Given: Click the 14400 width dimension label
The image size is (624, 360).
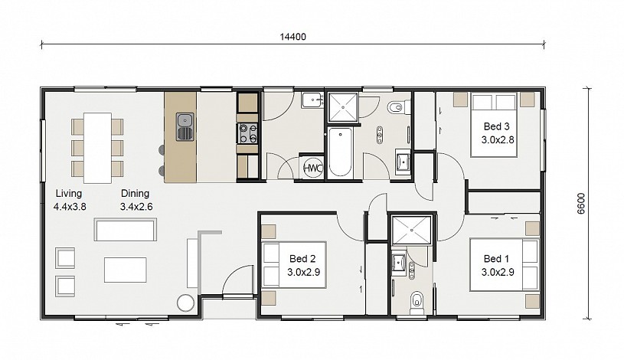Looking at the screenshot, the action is pos(293,37).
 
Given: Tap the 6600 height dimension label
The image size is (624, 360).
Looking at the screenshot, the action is pos(581,204).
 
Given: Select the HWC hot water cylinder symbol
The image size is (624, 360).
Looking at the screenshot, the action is pos(313,168).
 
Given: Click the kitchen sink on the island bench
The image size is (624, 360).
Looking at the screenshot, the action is pos(185,127).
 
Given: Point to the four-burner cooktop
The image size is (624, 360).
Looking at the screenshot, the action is pos(247,133).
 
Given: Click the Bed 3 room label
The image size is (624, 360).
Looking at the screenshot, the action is pos(496,126).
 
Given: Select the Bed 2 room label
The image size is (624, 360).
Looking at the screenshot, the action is pos(302,259).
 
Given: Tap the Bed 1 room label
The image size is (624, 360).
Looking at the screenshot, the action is pos(496,259).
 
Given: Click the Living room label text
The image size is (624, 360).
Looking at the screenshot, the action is pos(69,194).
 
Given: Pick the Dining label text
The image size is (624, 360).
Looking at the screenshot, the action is pos(135,194).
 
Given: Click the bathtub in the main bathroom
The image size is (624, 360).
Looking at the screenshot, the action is pos(340,153).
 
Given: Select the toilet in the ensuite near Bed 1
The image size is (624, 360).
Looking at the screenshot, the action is pos(417,303).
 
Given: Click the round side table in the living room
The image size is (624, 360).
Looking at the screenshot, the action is pos(185,303).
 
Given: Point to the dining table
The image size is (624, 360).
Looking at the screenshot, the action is pos(97,148).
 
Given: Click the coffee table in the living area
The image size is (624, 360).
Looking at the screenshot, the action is pos(126,270).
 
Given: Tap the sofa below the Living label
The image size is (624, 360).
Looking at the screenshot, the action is pos(126,229).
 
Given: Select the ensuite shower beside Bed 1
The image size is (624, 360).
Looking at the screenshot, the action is pos(411,230).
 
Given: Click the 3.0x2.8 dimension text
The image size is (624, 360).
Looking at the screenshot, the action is pos(498,140).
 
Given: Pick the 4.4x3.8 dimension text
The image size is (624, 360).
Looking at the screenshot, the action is pos(70,207).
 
